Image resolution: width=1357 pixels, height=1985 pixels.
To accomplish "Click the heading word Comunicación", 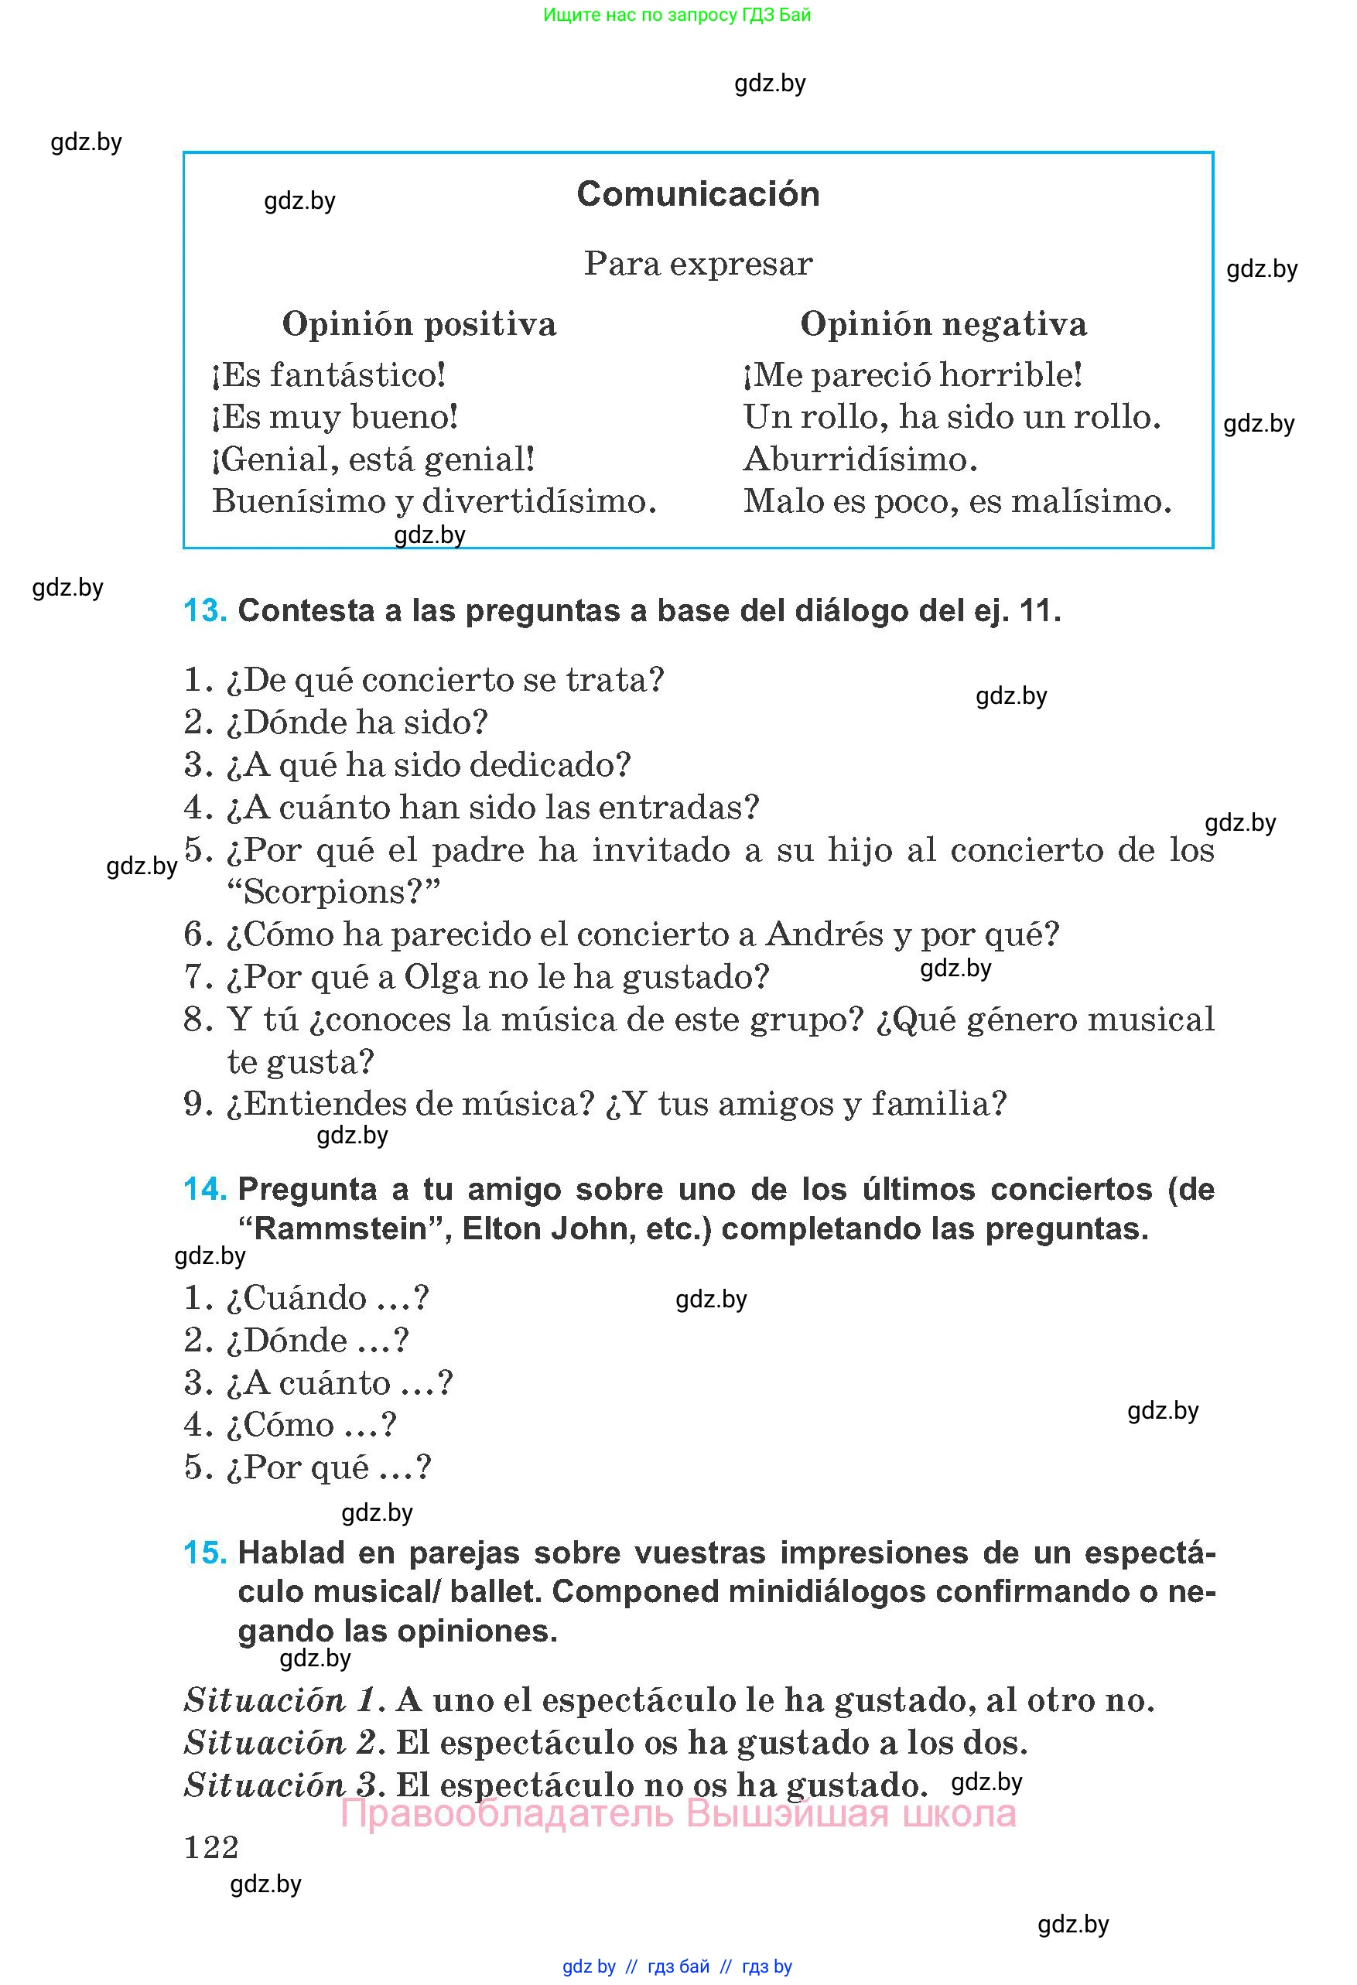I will click(698, 195).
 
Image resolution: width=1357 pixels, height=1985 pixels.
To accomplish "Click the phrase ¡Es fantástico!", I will click(329, 376).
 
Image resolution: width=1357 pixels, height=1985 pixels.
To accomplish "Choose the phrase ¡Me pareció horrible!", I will click(913, 376).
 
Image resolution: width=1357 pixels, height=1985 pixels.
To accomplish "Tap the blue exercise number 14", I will click(205, 1190).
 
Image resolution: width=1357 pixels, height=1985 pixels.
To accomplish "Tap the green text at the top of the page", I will click(676, 15).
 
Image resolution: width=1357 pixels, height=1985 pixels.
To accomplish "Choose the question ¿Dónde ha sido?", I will click(356, 723).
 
